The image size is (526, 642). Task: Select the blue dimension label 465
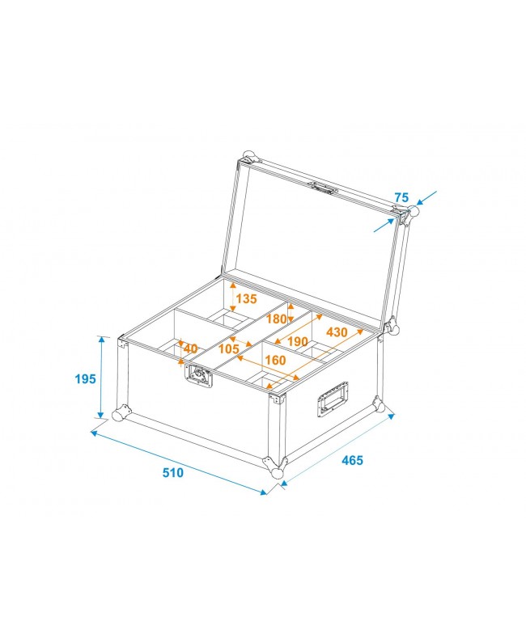click(352, 460)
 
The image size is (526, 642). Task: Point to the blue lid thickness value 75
click(401, 196)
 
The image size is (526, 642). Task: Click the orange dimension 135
click(245, 298)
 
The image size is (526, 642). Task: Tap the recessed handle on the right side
click(332, 399)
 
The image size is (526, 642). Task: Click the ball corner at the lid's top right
click(413, 212)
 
